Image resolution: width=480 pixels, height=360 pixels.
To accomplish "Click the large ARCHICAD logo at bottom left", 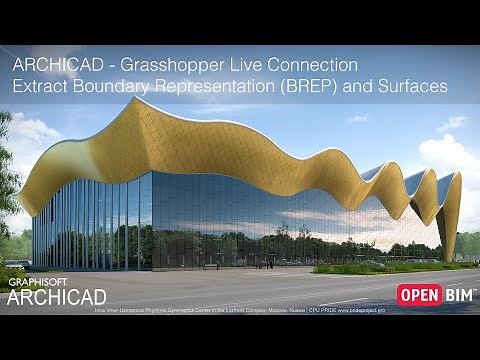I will tap(57, 296).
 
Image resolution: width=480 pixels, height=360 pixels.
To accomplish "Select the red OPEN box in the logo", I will tap(420, 294).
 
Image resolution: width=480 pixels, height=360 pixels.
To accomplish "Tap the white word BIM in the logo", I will tap(459, 294).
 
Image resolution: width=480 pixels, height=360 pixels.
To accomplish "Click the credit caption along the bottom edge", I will tap(240, 310).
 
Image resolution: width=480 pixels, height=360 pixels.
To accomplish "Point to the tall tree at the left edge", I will tap(8, 170).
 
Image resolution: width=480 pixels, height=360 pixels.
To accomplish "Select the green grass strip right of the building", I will tap(400, 267).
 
